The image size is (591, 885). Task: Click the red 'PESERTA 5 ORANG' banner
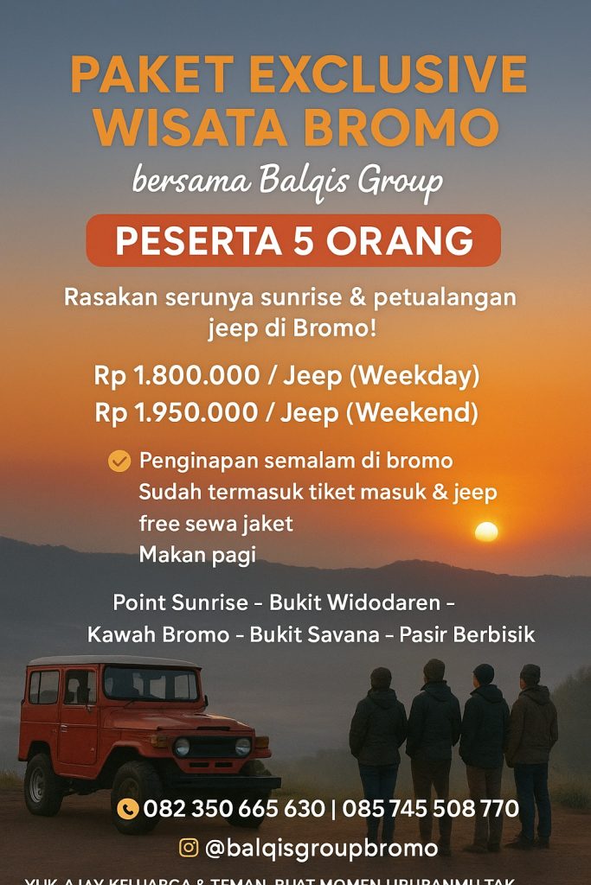tap(293, 240)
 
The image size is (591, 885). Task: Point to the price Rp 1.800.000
tap(177, 376)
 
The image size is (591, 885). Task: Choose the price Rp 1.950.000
tap(177, 413)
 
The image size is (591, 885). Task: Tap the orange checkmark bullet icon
tap(119, 462)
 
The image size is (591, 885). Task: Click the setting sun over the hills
tap(486, 532)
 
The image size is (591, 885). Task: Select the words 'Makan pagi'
tap(197, 555)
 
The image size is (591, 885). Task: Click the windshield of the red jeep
tap(150, 684)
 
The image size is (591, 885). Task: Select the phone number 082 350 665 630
tap(234, 809)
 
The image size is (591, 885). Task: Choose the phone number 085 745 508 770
tap(430, 809)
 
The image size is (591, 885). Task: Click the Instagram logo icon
tap(189, 847)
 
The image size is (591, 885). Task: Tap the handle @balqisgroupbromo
tap(321, 848)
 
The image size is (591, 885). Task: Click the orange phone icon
tap(127, 809)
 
